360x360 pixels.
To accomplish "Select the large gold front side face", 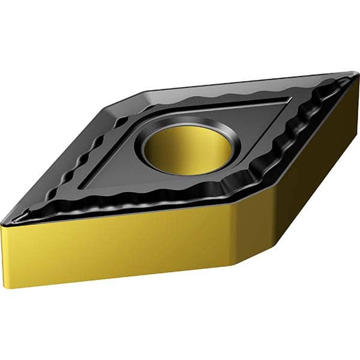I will tap(120, 246).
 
